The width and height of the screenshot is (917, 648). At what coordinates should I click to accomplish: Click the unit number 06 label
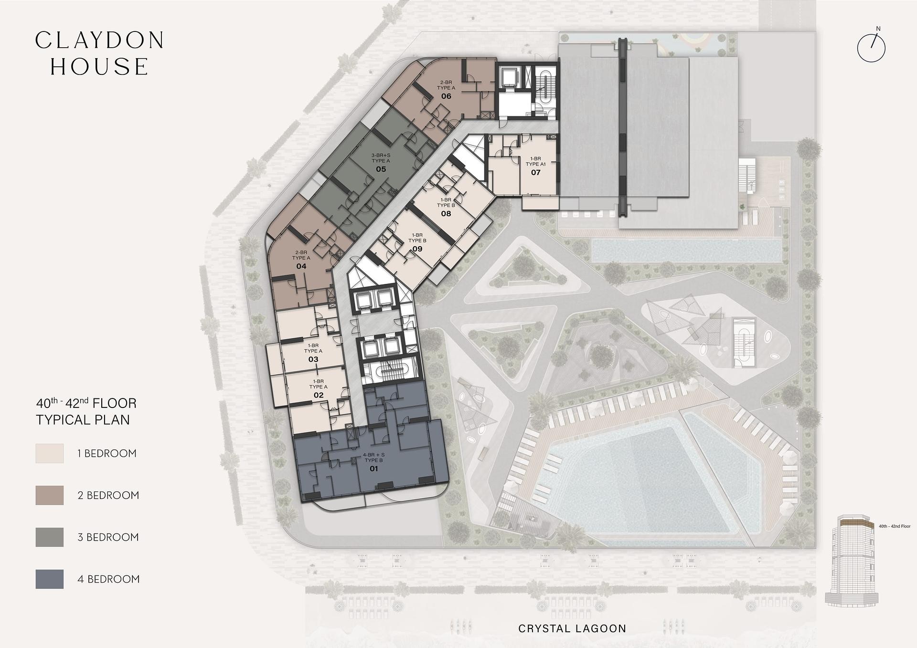coord(446,96)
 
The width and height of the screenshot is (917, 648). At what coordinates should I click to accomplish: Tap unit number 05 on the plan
coord(381,169)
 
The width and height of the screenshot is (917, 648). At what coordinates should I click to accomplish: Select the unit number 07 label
coord(535,172)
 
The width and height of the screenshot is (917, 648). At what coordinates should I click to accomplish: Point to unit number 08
coord(446,214)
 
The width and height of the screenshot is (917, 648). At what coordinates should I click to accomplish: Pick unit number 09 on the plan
coord(417,249)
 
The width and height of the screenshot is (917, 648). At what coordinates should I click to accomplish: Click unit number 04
coord(301,266)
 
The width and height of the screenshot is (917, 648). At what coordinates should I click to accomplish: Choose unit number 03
coord(313,359)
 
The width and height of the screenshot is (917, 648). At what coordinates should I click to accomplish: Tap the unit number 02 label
coord(319,395)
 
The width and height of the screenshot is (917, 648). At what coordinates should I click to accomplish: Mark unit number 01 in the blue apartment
coord(373,469)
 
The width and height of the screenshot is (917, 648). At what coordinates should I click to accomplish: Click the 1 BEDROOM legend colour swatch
coord(50,453)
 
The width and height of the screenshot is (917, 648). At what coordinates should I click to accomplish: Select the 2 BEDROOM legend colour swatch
coord(50,495)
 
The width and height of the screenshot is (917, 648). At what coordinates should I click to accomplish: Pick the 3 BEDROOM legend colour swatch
coord(50,537)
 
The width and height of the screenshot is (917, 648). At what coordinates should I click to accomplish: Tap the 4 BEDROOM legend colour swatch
coord(50,579)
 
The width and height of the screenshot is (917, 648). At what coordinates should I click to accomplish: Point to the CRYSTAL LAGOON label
coord(572,629)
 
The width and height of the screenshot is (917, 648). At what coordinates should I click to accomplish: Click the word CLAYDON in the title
coord(100,41)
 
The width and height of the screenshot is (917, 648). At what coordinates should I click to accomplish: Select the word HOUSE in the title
coord(100,67)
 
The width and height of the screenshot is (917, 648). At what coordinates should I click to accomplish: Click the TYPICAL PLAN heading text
coord(83,420)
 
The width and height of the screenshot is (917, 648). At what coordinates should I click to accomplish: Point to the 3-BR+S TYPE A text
coord(381,158)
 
